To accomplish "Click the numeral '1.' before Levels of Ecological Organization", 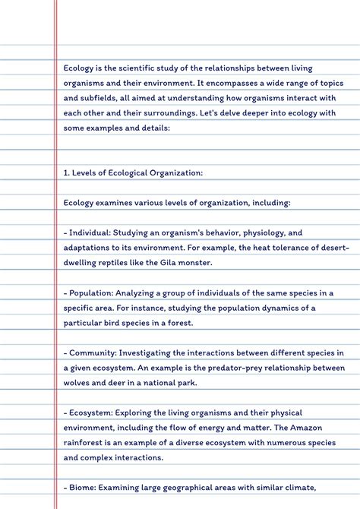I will click(67, 172).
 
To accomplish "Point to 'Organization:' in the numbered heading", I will click(177, 172).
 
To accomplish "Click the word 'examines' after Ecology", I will click(114, 203).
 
